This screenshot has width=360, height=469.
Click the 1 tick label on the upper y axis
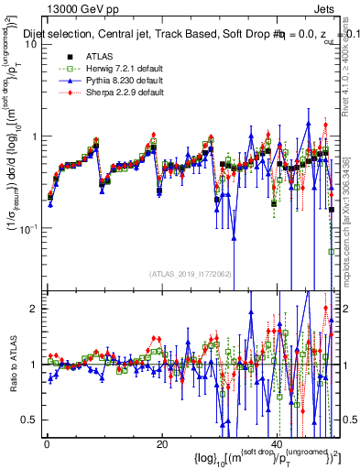coord(35,136)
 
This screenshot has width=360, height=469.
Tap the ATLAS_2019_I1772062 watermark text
coord(191,274)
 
